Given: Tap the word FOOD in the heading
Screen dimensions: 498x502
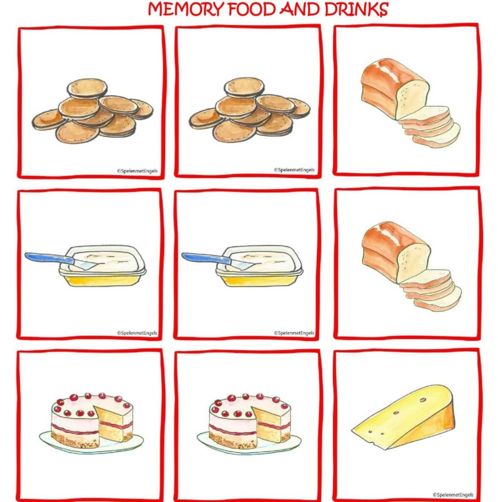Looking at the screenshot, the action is [x=251, y=9].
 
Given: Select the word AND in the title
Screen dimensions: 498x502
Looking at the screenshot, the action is [x=300, y=9].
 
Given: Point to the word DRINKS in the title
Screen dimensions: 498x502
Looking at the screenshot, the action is [x=356, y=9].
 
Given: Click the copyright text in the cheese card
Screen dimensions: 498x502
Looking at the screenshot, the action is [x=453, y=495].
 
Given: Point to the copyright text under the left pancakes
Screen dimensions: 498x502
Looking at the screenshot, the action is [x=137, y=171].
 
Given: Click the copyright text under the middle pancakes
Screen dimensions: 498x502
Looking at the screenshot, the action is [x=294, y=170].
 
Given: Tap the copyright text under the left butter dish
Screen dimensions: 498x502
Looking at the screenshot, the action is [x=137, y=333].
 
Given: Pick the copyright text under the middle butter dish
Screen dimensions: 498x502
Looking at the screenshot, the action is [x=294, y=333].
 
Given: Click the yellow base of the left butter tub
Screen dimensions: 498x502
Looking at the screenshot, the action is [x=102, y=280].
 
